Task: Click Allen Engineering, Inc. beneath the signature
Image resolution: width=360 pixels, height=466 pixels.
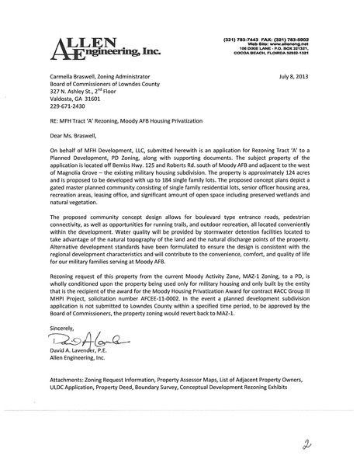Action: coord(78,339)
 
